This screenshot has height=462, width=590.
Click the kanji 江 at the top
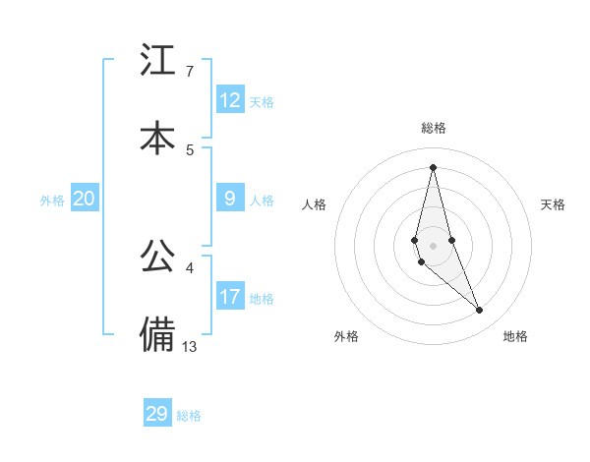(157, 61)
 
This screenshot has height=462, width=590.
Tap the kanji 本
(157, 138)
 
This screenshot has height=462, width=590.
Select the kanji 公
(157, 257)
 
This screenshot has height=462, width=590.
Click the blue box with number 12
(230, 100)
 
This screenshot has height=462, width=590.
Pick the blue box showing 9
(230, 199)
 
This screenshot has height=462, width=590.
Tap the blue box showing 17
(230, 297)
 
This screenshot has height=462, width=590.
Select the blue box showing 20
(85, 199)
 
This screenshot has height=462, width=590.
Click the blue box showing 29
(157, 414)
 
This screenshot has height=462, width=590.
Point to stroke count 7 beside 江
(189, 71)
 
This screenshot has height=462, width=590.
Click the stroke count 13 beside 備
(191, 345)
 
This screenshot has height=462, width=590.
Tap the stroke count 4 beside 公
(189, 267)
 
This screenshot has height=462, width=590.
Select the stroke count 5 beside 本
(189, 149)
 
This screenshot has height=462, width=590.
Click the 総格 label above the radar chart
(434, 128)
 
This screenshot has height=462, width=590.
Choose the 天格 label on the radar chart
(554, 204)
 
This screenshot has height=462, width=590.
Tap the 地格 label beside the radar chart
(515, 336)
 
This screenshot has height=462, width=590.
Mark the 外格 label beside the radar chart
(346, 336)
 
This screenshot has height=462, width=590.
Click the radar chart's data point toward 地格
(480, 311)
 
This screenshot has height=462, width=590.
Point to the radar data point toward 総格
(434, 166)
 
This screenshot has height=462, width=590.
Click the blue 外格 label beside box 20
(52, 200)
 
